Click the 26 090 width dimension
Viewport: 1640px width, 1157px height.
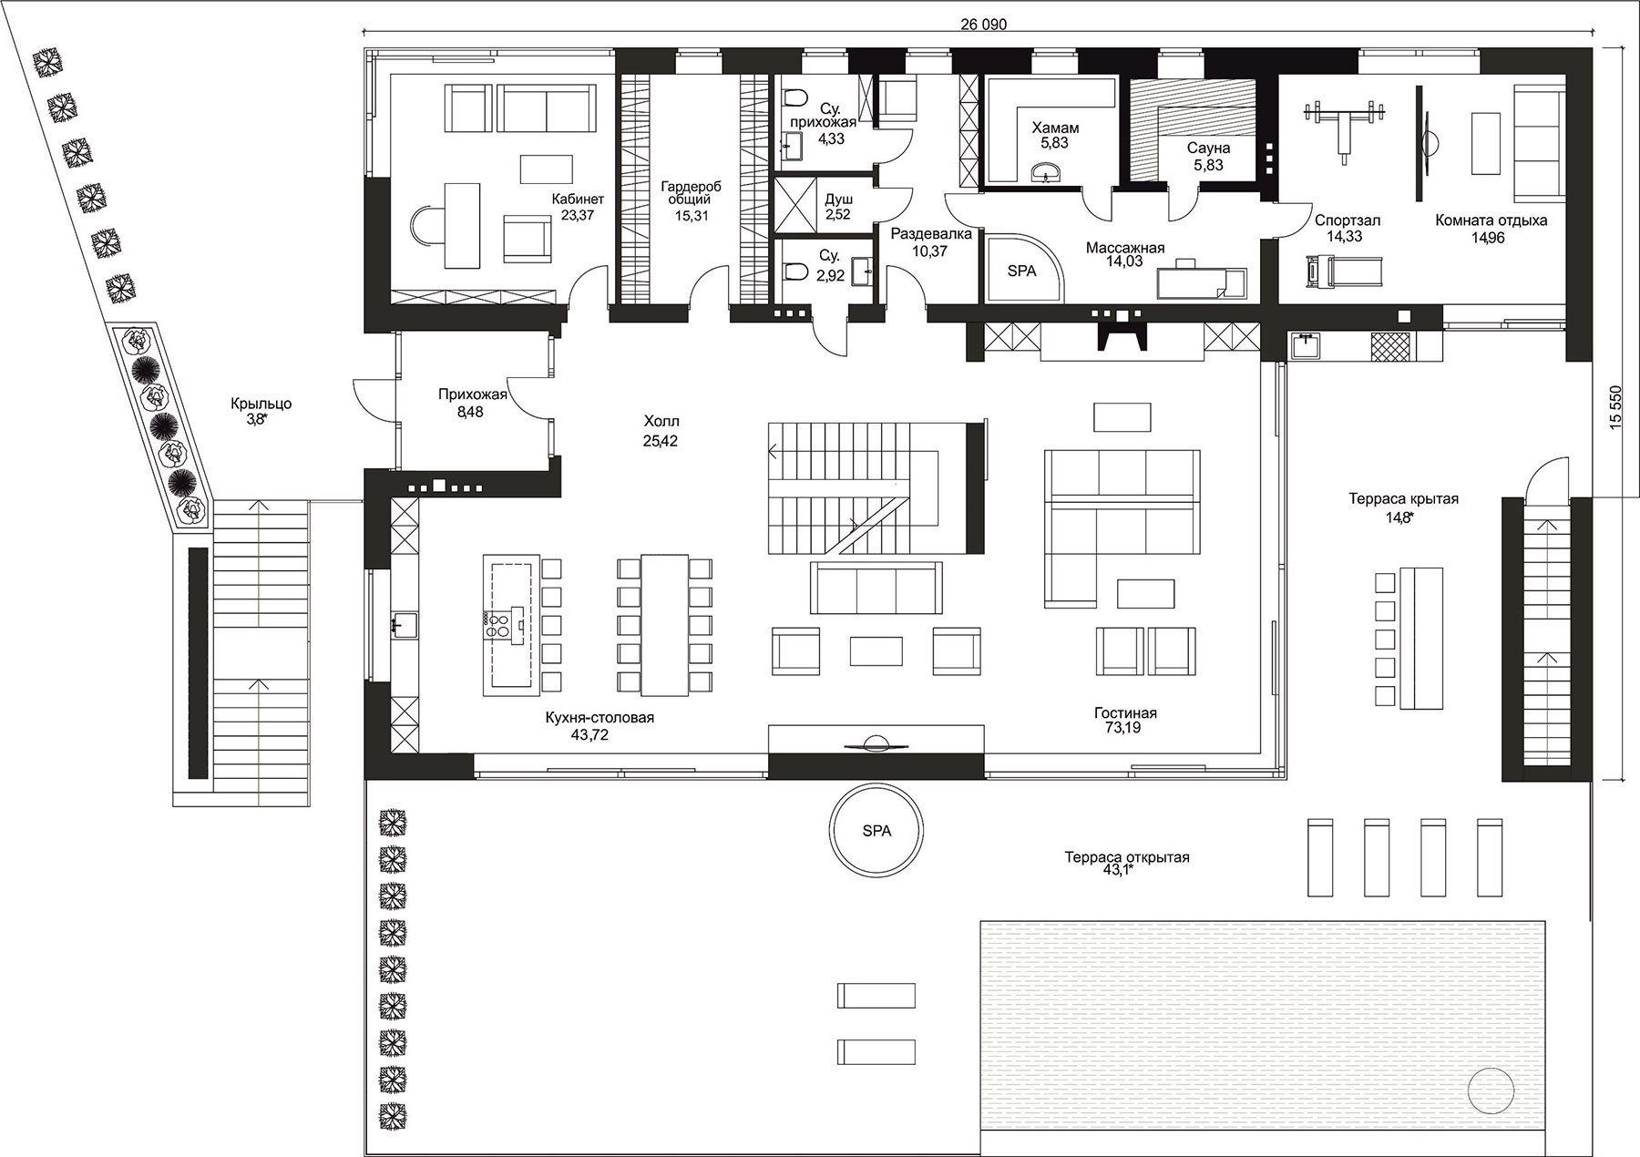pos(983,25)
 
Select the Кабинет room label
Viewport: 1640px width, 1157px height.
pos(577,200)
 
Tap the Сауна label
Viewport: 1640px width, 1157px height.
pos(1208,148)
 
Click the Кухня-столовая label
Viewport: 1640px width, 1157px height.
pos(600,718)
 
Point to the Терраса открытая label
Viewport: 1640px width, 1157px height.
pos(1127,857)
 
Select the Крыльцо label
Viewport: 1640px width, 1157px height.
pos(261,404)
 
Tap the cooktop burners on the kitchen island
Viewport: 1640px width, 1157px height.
pos(497,623)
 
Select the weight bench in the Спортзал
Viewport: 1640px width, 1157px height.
pos(1344,130)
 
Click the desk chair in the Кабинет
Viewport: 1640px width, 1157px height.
pos(423,224)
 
